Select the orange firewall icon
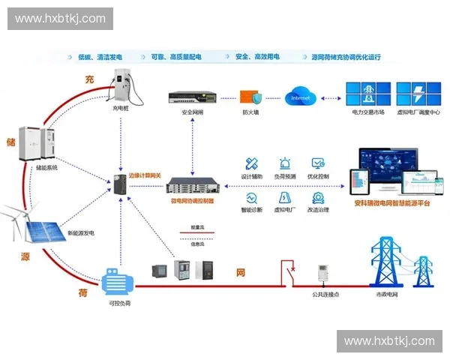[x=250, y=97]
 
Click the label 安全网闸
[x=192, y=112]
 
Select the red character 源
[x=25, y=256]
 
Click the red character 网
[x=241, y=272]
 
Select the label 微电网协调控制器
[x=192, y=201]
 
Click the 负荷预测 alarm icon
[x=285, y=164]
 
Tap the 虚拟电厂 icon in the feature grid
[x=285, y=198]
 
